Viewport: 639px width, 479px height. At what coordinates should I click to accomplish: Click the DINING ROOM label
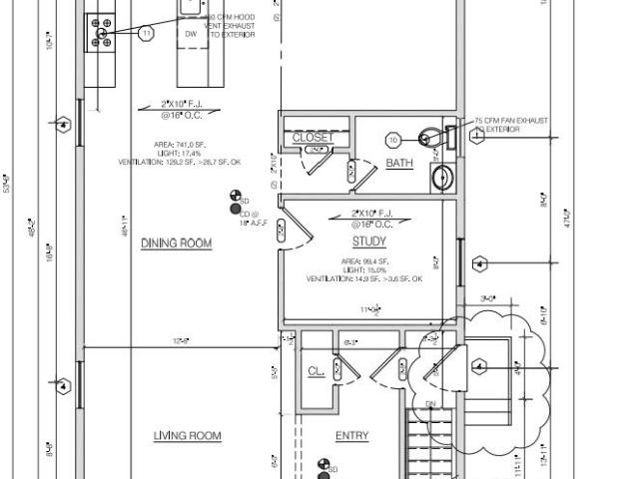pyautogui.click(x=176, y=242)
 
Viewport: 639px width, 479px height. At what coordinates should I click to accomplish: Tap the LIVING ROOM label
pyautogui.click(x=187, y=435)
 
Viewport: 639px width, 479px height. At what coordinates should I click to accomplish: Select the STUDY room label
pyautogui.click(x=369, y=241)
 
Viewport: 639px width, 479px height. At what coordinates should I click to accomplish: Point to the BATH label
pyautogui.click(x=399, y=164)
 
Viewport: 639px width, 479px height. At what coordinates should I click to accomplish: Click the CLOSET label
pyautogui.click(x=313, y=138)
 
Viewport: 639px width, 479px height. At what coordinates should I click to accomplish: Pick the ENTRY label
pyautogui.click(x=352, y=435)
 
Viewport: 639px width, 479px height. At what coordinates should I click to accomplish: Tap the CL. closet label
pyautogui.click(x=316, y=371)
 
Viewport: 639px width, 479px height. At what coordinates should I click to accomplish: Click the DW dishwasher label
pyautogui.click(x=191, y=33)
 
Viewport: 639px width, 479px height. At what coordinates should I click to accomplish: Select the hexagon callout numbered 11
pyautogui.click(x=147, y=33)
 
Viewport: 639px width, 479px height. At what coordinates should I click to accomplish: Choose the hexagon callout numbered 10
pyautogui.click(x=393, y=140)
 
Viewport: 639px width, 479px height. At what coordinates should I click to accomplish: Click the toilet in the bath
pyautogui.click(x=432, y=137)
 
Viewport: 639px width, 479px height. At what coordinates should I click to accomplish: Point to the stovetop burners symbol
pyautogui.click(x=101, y=32)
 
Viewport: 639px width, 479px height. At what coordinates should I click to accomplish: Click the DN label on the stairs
pyautogui.click(x=431, y=404)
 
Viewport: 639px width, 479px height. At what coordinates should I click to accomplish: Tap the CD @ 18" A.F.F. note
pyautogui.click(x=249, y=219)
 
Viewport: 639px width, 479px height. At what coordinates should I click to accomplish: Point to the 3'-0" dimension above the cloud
pyautogui.click(x=489, y=297)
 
